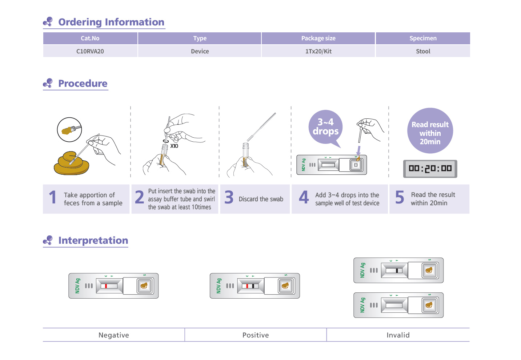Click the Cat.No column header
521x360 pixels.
click(x=90, y=38)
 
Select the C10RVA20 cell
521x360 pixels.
click(x=90, y=51)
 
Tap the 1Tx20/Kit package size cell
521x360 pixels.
click(x=318, y=51)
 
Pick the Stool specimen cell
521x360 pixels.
click(x=423, y=51)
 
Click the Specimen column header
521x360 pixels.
click(x=423, y=38)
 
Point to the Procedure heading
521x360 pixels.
click(x=83, y=84)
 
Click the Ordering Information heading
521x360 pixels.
click(x=111, y=22)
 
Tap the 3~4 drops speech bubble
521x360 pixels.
click(x=325, y=127)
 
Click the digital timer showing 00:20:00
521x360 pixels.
click(x=430, y=169)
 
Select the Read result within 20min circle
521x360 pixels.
click(x=430, y=131)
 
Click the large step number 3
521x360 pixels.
click(x=229, y=198)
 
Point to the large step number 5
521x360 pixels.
click(x=399, y=198)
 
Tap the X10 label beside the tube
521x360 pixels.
click(x=175, y=146)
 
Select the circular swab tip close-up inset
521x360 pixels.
click(x=69, y=130)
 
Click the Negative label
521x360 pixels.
click(x=113, y=335)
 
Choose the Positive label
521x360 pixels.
click(x=256, y=335)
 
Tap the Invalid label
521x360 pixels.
click(x=398, y=335)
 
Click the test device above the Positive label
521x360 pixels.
click(x=255, y=286)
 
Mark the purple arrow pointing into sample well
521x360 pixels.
click(x=358, y=150)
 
